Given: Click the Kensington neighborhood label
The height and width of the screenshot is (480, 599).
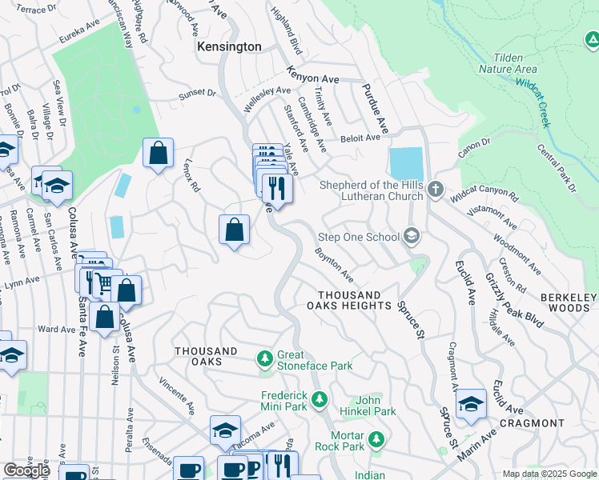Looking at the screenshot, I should (x=229, y=47).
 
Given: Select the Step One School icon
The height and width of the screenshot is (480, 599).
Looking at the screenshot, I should (x=412, y=236).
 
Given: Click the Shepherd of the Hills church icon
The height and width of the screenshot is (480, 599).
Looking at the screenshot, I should (x=435, y=190).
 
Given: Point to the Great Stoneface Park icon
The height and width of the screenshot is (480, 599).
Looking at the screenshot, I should (x=265, y=356).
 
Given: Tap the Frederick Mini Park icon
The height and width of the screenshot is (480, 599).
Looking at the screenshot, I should (x=320, y=398).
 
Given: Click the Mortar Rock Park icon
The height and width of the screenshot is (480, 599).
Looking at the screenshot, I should (x=376, y=439).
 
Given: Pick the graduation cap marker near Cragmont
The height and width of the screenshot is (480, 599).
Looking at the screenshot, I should (x=471, y=404).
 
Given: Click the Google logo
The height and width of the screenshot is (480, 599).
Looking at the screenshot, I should (x=26, y=470).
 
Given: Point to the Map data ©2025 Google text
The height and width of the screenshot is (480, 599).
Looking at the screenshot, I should (x=549, y=474).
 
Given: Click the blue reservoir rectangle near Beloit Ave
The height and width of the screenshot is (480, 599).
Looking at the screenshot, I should (x=406, y=164).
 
